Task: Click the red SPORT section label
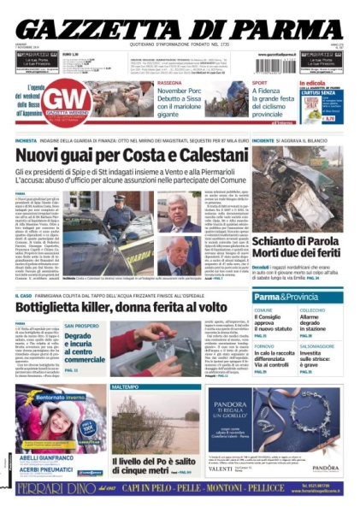(258, 83)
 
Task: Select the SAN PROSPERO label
(80, 325)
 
